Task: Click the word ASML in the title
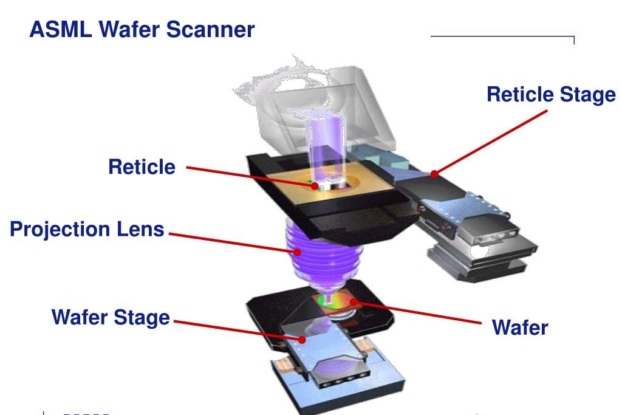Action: [x=58, y=29]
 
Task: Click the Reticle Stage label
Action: [x=551, y=95]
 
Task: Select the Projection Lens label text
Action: [x=87, y=230]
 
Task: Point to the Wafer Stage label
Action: [x=111, y=317]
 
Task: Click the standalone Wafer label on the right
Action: [x=519, y=328]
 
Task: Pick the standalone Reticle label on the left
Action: [x=142, y=166]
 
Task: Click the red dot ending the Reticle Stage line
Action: [x=434, y=174]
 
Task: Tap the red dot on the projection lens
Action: [x=297, y=251]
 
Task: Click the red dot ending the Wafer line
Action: [x=352, y=301]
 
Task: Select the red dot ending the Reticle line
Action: [x=315, y=186]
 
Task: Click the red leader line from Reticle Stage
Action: [x=492, y=142]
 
